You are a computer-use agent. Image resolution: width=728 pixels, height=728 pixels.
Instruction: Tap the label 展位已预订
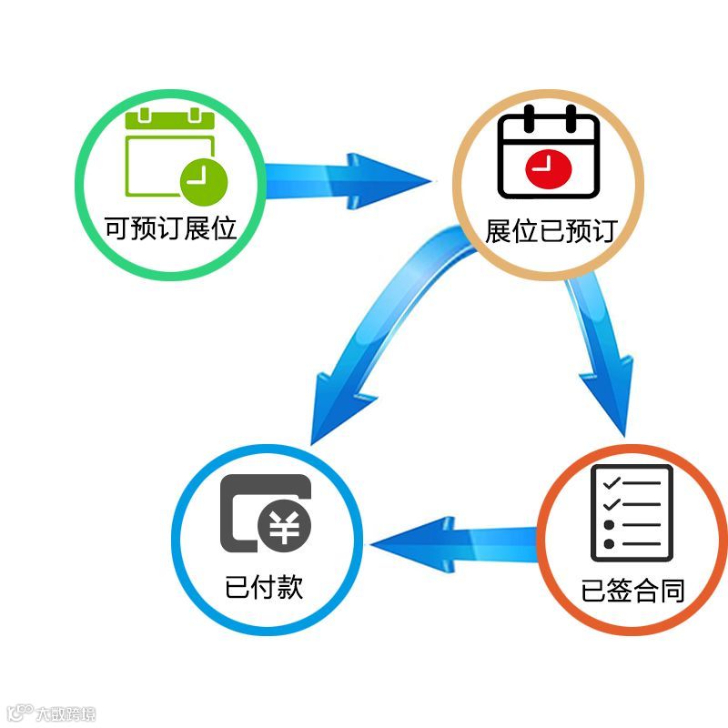[551, 230]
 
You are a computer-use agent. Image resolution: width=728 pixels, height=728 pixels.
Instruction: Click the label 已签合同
[632, 591]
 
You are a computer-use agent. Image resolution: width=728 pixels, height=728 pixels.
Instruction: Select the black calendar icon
[549, 153]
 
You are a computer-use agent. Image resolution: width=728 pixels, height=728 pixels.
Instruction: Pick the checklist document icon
[632, 513]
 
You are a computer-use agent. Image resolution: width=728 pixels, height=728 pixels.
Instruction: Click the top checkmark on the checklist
[612, 481]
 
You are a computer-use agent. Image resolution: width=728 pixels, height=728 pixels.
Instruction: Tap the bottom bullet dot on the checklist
[609, 544]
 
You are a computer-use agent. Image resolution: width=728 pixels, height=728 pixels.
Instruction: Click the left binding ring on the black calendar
[528, 119]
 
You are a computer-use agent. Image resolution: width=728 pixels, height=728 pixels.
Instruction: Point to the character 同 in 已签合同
[672, 591]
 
